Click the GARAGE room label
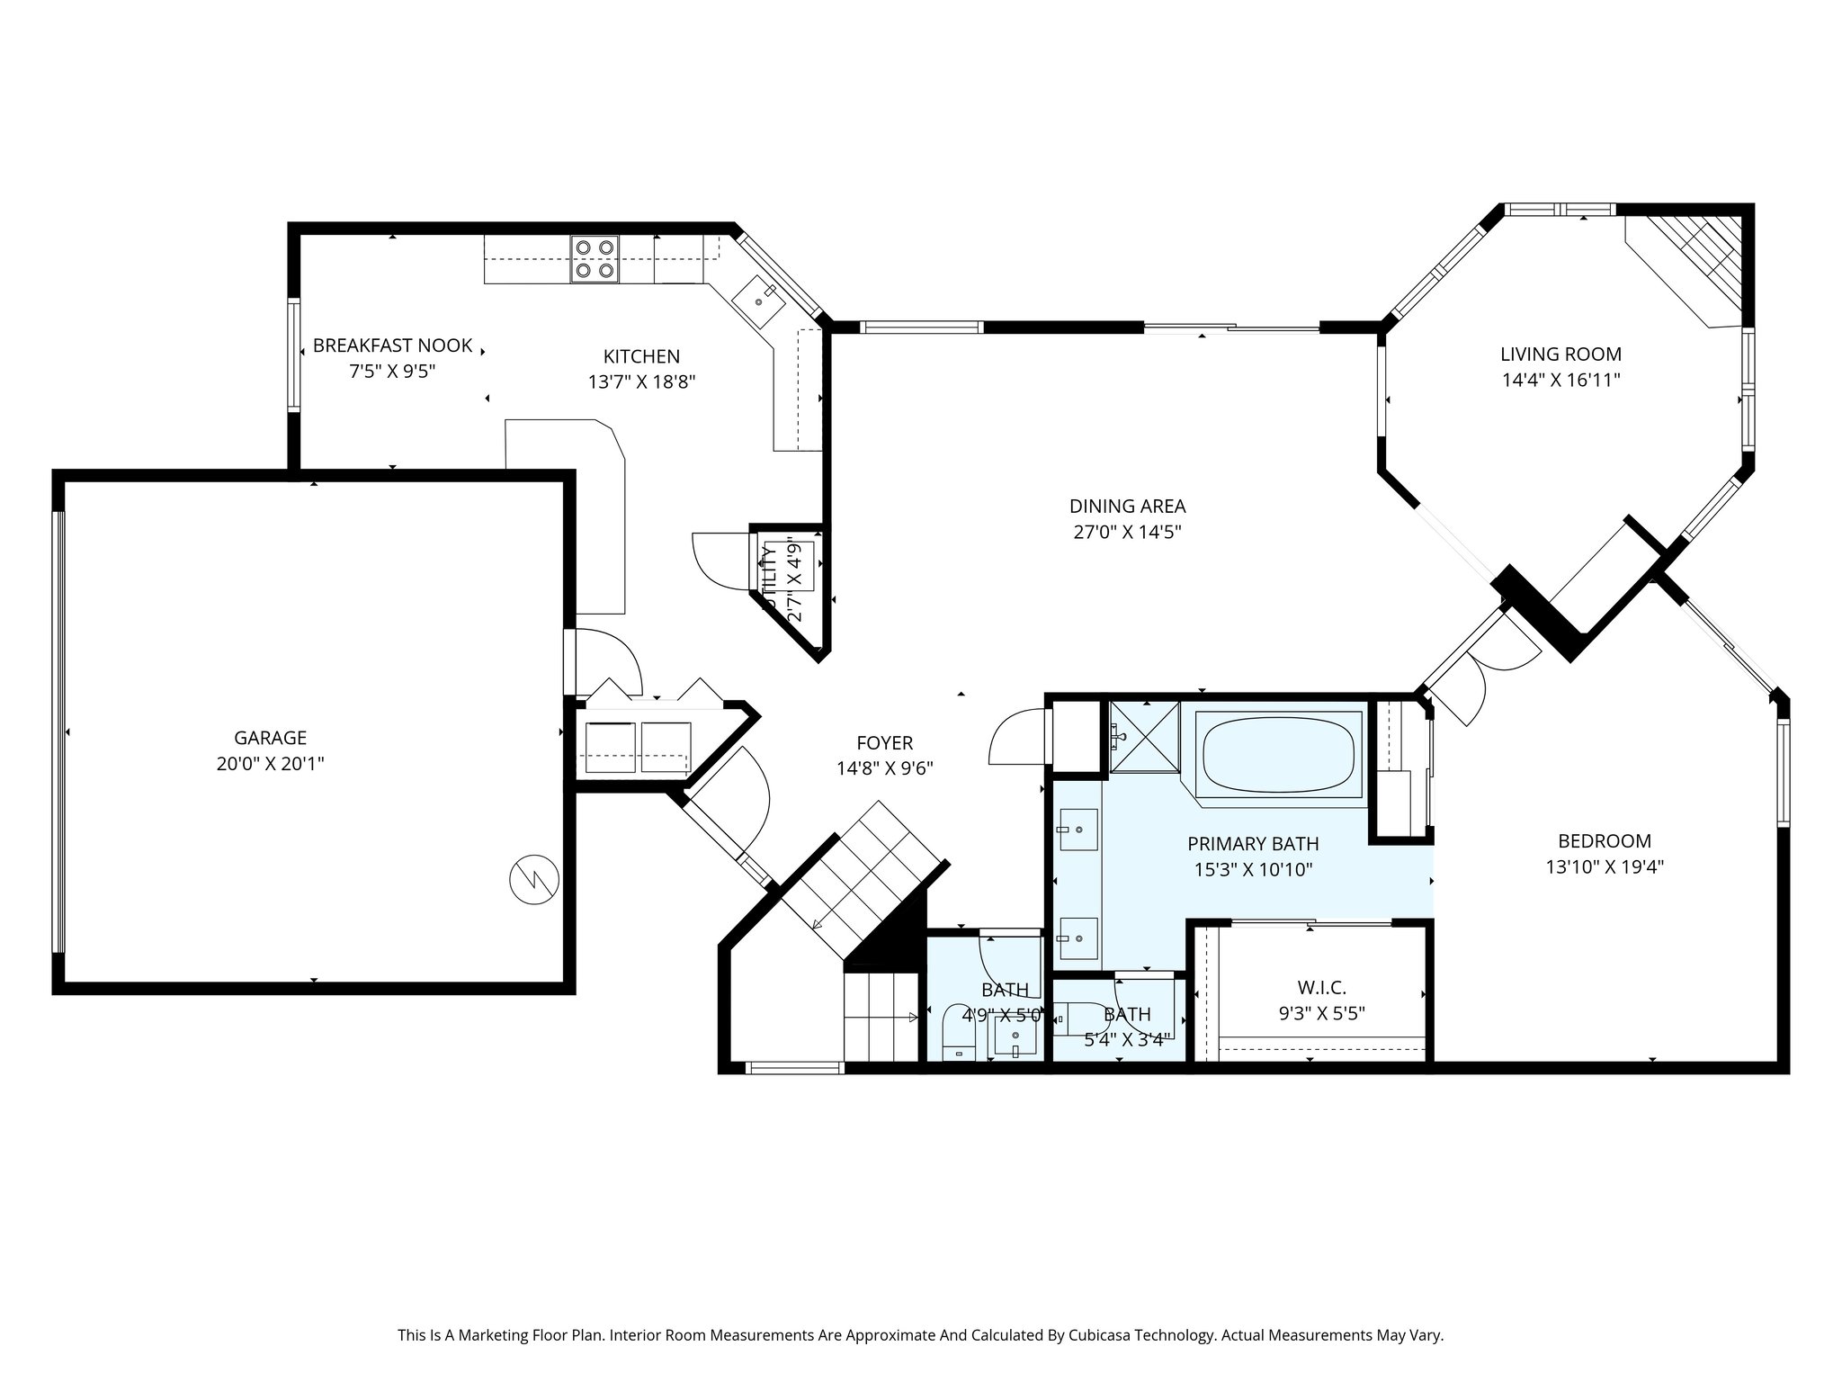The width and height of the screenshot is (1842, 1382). [x=270, y=738]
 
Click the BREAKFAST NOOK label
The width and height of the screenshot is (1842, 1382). [x=392, y=345]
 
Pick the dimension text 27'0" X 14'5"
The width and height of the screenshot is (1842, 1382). [x=1127, y=532]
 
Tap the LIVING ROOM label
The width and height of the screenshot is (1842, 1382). [x=1560, y=354]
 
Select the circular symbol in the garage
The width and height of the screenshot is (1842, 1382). [x=534, y=878]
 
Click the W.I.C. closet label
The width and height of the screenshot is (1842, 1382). [x=1321, y=988]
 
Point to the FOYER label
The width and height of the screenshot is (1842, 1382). [x=884, y=743]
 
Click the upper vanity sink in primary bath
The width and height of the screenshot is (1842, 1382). [x=1077, y=829]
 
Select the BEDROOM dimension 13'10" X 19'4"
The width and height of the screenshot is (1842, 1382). [x=1605, y=867]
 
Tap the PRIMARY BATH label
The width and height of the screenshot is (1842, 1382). [x=1253, y=844]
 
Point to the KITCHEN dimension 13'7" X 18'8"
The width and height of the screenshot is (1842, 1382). [x=641, y=381]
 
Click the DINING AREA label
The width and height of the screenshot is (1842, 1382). [x=1127, y=507]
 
